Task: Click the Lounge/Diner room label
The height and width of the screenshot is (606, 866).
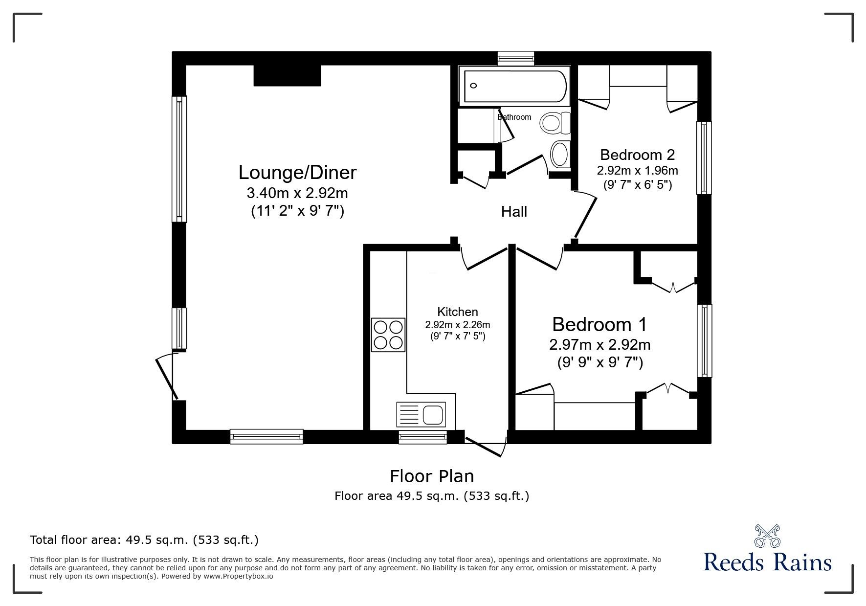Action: point(297,173)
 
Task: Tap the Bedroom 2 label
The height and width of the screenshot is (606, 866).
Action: point(637,155)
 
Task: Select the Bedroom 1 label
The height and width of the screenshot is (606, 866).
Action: point(600,324)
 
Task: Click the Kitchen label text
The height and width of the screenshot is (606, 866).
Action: point(458,312)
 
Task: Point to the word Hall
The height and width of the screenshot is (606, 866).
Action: point(514,212)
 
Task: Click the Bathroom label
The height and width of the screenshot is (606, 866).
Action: point(514,117)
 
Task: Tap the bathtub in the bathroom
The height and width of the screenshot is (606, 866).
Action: point(515,87)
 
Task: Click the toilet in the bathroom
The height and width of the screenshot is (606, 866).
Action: point(555,122)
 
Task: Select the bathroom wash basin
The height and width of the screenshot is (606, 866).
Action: point(560,154)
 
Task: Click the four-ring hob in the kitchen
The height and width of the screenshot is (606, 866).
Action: point(388,335)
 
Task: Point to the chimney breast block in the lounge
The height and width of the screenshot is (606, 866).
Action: point(287,75)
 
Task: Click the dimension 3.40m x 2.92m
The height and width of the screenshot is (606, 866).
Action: point(297,193)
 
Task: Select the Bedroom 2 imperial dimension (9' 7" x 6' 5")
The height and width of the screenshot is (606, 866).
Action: point(637,185)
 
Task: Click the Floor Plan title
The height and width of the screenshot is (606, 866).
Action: point(432,476)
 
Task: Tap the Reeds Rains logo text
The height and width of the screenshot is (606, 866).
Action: point(768,562)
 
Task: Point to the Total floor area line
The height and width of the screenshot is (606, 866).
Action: point(144,540)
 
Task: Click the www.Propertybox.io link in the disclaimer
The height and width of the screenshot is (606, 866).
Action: point(238,576)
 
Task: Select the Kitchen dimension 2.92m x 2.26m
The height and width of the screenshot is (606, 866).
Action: point(458,325)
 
